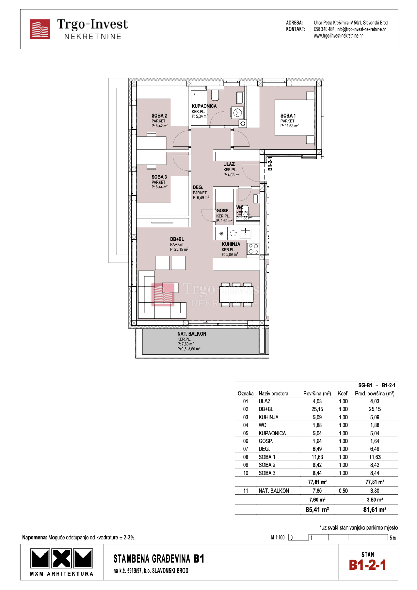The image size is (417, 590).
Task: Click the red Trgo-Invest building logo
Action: point(40,29)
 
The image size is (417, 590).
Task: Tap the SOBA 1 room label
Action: point(288,116)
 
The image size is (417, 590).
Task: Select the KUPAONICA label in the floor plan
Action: point(204,106)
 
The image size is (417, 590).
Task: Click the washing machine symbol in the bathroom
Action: point(238,113)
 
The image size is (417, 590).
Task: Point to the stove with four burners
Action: point(253,249)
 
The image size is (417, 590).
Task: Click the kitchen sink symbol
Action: point(245,233)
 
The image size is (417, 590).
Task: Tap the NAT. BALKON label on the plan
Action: point(191,334)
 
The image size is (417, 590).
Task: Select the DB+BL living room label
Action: point(177,239)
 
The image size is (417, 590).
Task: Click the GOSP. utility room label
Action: point(223,211)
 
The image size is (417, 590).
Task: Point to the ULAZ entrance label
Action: point(229,164)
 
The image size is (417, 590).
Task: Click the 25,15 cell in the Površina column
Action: point(317,409)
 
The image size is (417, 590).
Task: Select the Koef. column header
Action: point(343,394)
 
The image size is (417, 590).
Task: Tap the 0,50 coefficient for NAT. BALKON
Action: point(343,491)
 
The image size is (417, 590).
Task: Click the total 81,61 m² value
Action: point(375,510)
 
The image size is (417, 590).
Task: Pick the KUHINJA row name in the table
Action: point(268,417)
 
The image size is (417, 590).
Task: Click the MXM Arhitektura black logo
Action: point(62,559)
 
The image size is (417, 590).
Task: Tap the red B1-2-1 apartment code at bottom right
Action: point(368,565)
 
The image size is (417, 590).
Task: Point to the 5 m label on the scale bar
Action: point(393,538)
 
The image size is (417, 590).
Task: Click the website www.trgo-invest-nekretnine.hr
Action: point(338,35)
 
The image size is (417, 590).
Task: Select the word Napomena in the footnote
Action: point(34,538)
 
